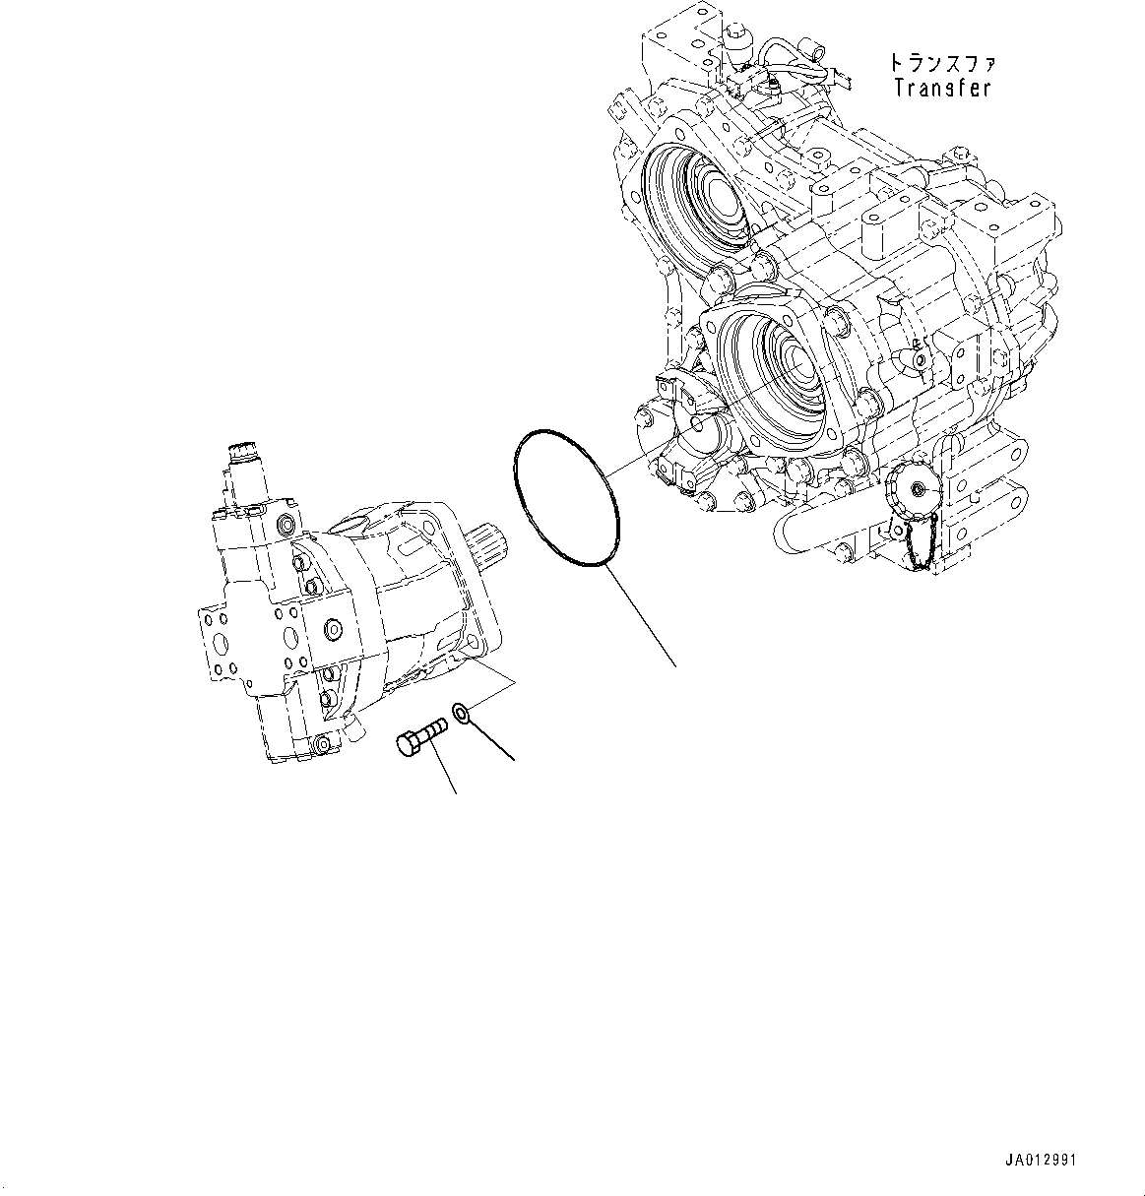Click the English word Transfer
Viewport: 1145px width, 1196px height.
pyautogui.click(x=941, y=88)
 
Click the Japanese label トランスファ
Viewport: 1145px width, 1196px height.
pyautogui.click(x=942, y=63)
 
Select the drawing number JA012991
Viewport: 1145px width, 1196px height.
pyautogui.click(x=1042, y=1160)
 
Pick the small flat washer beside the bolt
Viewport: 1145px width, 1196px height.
pyautogui.click(x=461, y=712)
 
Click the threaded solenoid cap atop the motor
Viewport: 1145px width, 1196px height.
pyautogui.click(x=242, y=456)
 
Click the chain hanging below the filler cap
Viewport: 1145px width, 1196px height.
pyautogui.click(x=921, y=543)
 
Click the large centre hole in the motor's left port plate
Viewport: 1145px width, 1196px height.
pyautogui.click(x=221, y=644)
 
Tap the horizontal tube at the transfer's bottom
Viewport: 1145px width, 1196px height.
pyautogui.click(x=802, y=533)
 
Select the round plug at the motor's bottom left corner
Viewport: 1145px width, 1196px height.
pyautogui.click(x=321, y=748)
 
